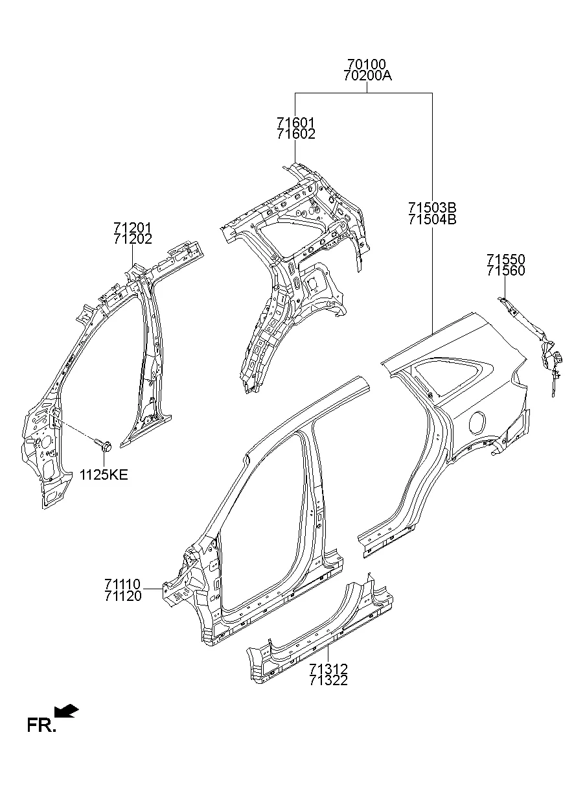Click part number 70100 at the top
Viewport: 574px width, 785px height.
click(367, 64)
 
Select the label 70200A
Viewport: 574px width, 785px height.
click(367, 76)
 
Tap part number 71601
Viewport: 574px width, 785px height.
click(295, 123)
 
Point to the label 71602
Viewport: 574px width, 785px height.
click(295, 134)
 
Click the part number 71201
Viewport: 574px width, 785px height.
click(132, 228)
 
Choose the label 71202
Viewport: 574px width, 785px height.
click(132, 239)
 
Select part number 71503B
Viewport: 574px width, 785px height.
click(432, 207)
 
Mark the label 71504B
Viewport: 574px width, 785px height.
click(432, 219)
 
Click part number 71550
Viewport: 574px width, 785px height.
click(506, 259)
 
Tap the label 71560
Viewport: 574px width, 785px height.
click(506, 271)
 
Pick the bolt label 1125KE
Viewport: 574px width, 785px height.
click(104, 475)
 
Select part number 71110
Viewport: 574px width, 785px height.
click(122, 584)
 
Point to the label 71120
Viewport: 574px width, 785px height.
click(122, 596)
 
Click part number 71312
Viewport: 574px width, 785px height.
click(328, 668)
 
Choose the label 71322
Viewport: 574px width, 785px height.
click(328, 680)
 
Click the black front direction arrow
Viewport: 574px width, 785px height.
click(67, 712)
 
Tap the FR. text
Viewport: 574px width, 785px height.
click(41, 725)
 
